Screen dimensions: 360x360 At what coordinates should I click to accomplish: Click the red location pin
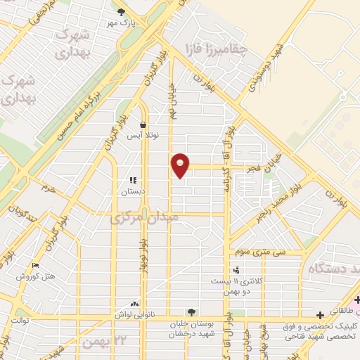coord(181,165)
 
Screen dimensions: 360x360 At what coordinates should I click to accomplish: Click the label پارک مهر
coord(122,22)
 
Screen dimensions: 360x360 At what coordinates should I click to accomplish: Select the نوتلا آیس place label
coord(143,136)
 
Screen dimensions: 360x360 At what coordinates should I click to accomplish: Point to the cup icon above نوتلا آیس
coord(143,124)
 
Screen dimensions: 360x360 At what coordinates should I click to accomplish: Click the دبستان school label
coord(132,191)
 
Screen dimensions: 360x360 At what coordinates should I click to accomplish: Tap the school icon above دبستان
coord(132,180)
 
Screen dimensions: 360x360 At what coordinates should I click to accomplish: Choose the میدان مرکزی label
coord(145,219)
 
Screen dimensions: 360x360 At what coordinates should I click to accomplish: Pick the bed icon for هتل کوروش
coord(35,266)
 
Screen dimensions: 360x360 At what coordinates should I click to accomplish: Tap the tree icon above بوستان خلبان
coord(191,312)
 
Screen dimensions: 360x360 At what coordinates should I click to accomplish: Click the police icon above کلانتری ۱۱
coord(236,269)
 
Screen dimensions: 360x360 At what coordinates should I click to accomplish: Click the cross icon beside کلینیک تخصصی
coord(321,315)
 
